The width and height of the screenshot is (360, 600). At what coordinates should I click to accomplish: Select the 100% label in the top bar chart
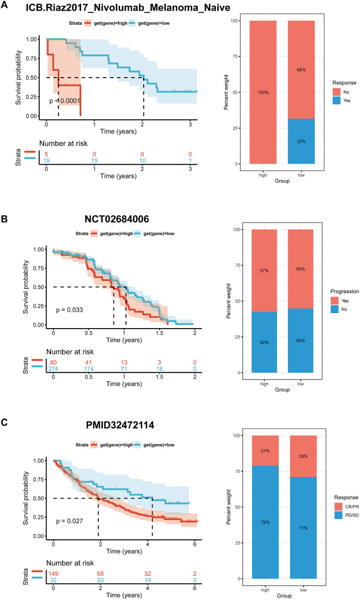263,92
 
